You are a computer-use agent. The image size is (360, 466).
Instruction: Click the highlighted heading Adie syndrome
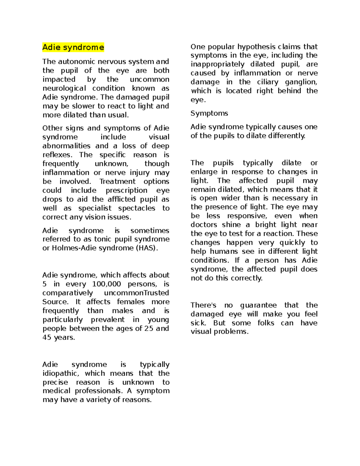(x=73, y=47)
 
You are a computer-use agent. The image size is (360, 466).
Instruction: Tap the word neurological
(x=64, y=88)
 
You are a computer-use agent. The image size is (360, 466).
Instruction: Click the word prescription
(x=126, y=191)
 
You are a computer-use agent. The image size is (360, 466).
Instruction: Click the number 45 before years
(x=47, y=338)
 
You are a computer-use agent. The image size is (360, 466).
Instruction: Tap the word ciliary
(x=268, y=82)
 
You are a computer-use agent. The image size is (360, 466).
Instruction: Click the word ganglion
(x=301, y=82)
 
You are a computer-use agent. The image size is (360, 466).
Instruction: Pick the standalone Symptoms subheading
(x=209, y=113)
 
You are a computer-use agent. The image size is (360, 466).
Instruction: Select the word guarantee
(x=258, y=305)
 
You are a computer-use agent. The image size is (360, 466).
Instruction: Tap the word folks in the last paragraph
(x=266, y=323)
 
